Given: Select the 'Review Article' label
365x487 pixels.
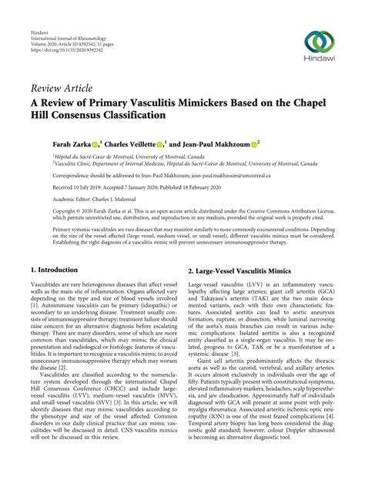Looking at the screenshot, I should (x=61, y=88).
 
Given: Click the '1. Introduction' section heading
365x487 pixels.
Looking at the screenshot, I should (x=54, y=271).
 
